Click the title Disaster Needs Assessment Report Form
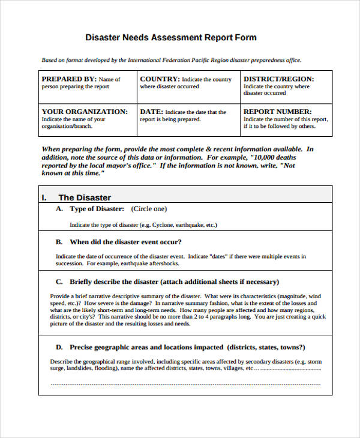pyautogui.click(x=171, y=37)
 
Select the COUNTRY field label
pyautogui.click(x=160, y=79)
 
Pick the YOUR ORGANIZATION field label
pyautogui.click(x=85, y=112)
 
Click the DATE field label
pyautogui.click(x=151, y=112)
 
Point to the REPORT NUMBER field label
pyautogui.click(x=277, y=112)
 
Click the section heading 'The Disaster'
pyautogui.click(x=85, y=197)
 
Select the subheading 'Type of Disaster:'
pyautogui.click(x=97, y=209)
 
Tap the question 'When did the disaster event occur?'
pyautogui.click(x=126, y=242)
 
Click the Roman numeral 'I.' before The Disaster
pyautogui.click(x=44, y=197)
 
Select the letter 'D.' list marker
pyautogui.click(x=59, y=347)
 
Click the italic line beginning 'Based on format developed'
pyautogui.click(x=171, y=60)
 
